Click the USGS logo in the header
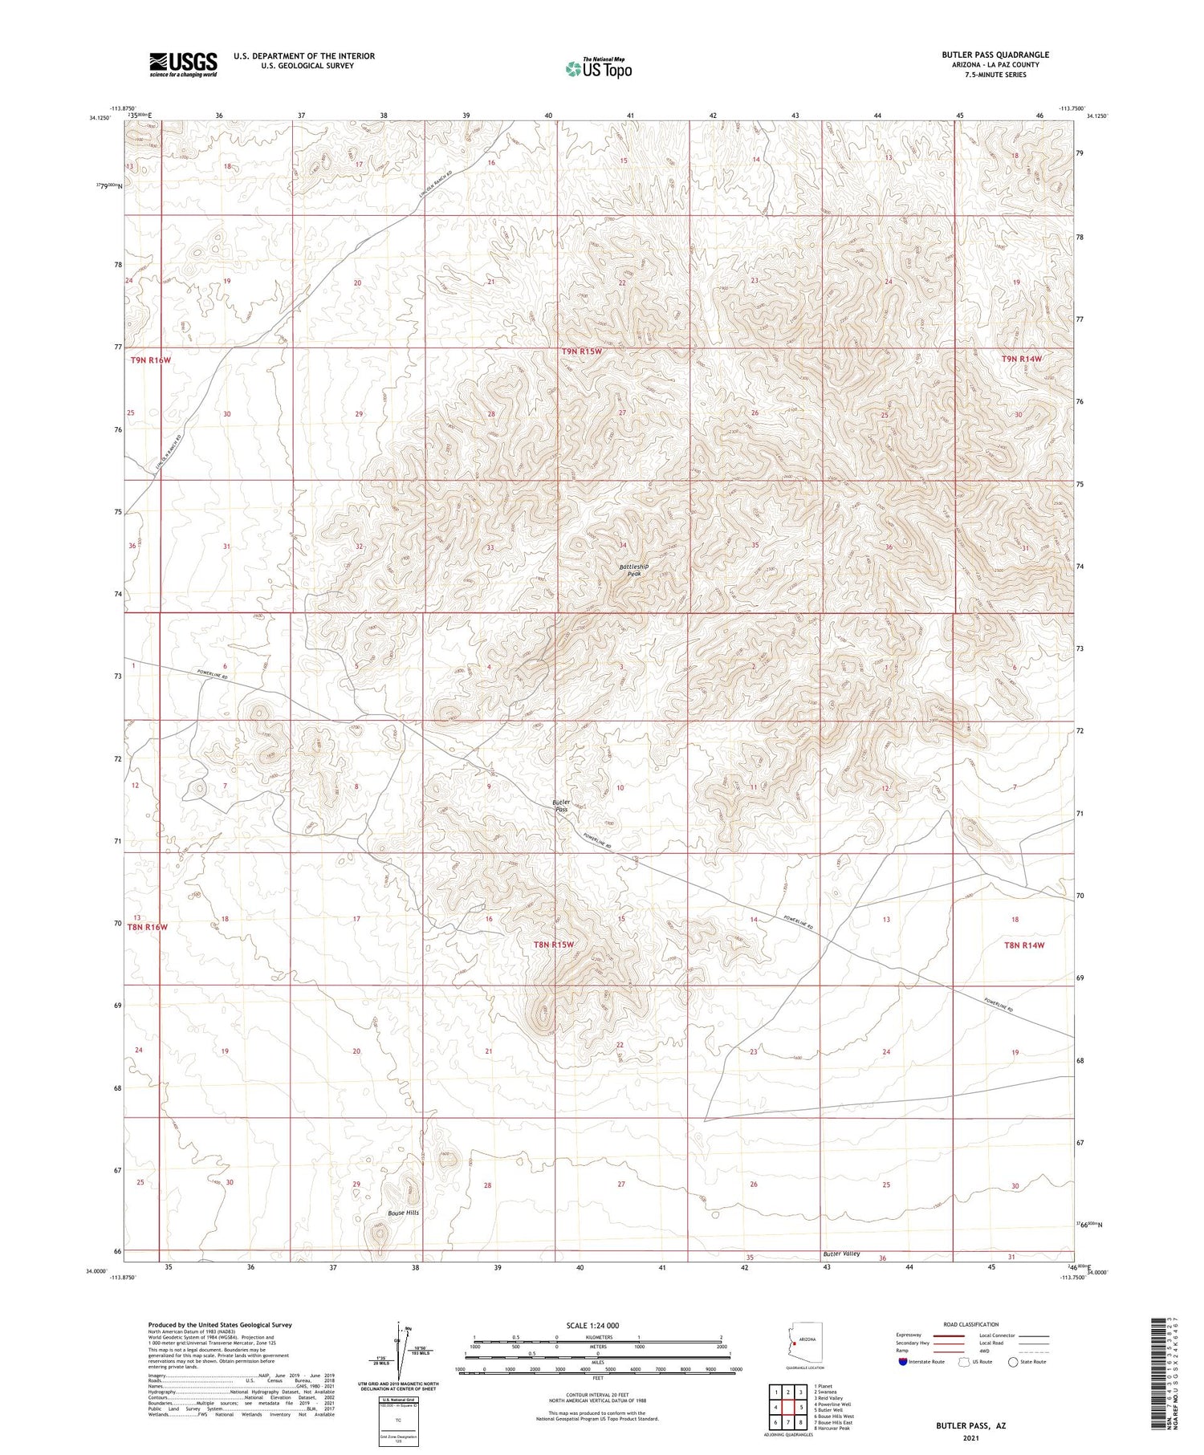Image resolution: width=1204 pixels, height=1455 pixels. (x=183, y=64)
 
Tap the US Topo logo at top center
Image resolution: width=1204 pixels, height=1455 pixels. (x=598, y=69)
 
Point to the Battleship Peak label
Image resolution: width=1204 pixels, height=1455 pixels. (x=633, y=570)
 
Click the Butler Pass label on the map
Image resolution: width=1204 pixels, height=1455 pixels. (x=561, y=806)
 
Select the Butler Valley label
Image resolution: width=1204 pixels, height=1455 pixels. (x=840, y=1254)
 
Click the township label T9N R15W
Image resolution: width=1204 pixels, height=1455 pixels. (x=581, y=352)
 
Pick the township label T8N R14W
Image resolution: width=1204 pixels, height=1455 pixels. (x=1024, y=945)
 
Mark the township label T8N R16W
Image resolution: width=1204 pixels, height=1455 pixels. (x=148, y=927)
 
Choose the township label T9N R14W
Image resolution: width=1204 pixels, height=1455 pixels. (x=1021, y=359)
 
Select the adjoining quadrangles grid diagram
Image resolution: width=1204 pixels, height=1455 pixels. (x=788, y=1407)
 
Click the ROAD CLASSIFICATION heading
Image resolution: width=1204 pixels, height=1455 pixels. (x=971, y=1324)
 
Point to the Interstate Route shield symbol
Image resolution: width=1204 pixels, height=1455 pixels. (x=903, y=1361)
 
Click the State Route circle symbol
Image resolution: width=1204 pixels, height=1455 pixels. (x=1014, y=1361)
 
